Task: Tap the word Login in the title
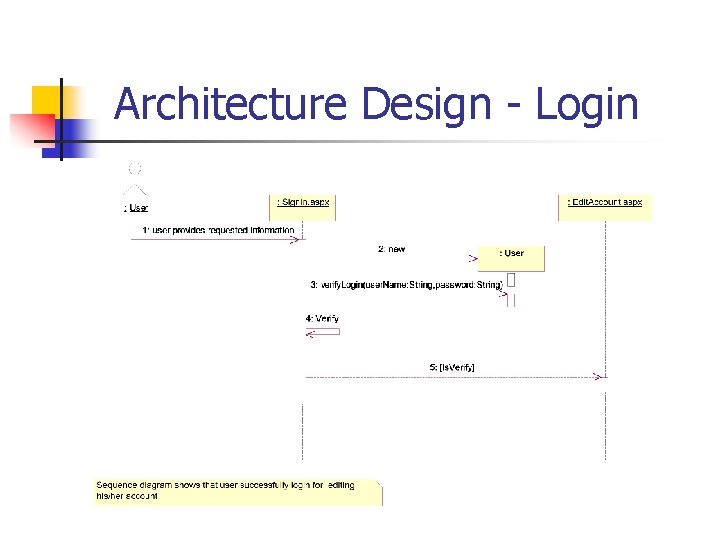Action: point(587,104)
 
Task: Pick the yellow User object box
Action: point(511,257)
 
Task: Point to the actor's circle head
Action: point(134,168)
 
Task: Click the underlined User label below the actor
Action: point(136,208)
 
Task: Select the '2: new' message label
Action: point(391,249)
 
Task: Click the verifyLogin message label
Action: point(406,285)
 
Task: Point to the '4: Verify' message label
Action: point(322,319)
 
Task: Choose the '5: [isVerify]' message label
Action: point(452,367)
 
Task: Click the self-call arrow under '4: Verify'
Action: point(323,332)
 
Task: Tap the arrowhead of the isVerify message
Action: point(600,377)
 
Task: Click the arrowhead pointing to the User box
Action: point(473,258)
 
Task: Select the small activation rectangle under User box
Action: point(511,281)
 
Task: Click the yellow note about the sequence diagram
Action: point(238,491)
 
